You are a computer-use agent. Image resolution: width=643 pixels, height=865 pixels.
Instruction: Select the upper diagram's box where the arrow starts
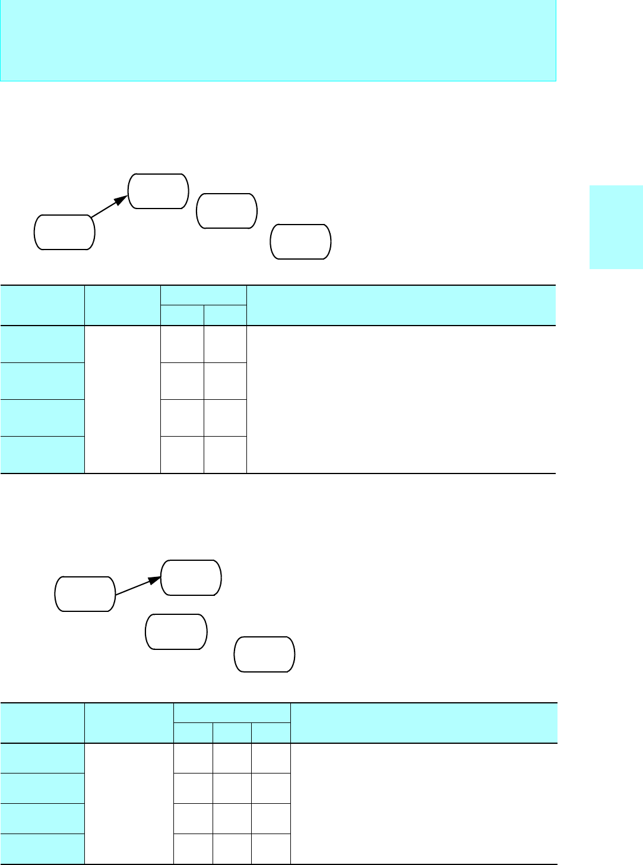coord(65,232)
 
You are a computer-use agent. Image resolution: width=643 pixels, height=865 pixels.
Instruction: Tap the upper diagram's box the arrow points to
coord(159,191)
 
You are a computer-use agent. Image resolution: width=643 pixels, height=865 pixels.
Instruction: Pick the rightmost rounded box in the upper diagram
coord(300,242)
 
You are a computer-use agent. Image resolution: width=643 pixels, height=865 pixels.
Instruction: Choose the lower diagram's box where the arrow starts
coord(85,593)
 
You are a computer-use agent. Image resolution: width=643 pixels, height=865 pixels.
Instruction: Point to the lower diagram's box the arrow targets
coord(191,577)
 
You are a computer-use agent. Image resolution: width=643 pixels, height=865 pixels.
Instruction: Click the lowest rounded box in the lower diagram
coord(265,654)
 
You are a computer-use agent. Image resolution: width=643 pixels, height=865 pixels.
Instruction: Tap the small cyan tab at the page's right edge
coord(616,228)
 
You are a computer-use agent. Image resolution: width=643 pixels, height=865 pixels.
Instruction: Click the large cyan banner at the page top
coord(278,40)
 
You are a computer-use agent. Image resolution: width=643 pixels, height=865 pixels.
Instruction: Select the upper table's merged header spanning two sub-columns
coord(204,295)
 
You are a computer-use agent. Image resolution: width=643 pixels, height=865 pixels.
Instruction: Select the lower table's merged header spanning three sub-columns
coord(232,713)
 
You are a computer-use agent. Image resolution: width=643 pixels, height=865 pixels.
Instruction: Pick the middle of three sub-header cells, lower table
coord(232,733)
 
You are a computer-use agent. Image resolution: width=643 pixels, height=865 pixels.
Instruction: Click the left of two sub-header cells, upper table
coord(182,315)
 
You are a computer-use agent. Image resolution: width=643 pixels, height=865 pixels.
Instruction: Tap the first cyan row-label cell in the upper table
coord(42,344)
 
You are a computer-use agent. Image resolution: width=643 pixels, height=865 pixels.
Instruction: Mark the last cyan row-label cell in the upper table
coord(42,454)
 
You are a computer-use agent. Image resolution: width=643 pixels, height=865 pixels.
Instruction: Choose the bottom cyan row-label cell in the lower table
coord(42,848)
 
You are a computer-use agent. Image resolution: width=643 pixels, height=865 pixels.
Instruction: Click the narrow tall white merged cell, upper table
coord(122,399)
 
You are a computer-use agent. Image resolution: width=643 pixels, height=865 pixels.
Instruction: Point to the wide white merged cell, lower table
coord(424,803)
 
